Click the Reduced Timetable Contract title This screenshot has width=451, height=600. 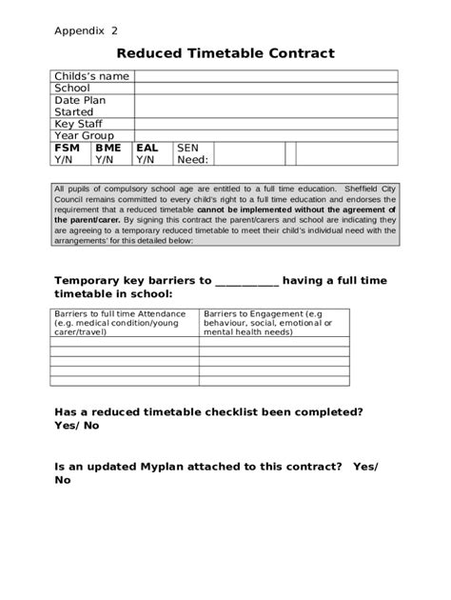pos(225,54)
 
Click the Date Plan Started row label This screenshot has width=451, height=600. pos(80,106)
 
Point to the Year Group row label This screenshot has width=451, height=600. pos(84,136)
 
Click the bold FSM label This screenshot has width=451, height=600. pos(68,149)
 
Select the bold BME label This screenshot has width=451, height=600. pos(108,149)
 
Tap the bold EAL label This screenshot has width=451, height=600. pos(147,149)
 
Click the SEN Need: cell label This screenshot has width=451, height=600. pos(192,154)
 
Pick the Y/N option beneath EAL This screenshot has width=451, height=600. pos(146,160)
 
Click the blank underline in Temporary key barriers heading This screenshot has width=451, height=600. pos(247,282)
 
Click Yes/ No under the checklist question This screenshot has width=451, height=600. pos(77,426)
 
